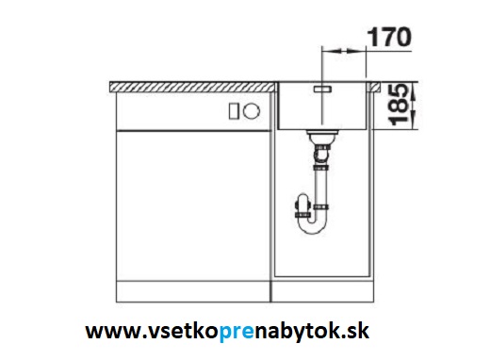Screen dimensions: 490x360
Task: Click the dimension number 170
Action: click(x=388, y=37)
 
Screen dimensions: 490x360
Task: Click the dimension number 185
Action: click(x=398, y=105)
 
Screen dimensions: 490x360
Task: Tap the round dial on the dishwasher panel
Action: click(x=252, y=111)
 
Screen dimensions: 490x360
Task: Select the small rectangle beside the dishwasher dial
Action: click(x=234, y=111)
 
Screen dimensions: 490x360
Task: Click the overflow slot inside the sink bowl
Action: click(x=322, y=90)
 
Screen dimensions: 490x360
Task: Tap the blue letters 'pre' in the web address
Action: click(x=237, y=332)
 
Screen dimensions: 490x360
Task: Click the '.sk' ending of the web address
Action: click(x=358, y=331)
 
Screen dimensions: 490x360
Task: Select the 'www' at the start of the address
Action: click(x=113, y=332)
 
